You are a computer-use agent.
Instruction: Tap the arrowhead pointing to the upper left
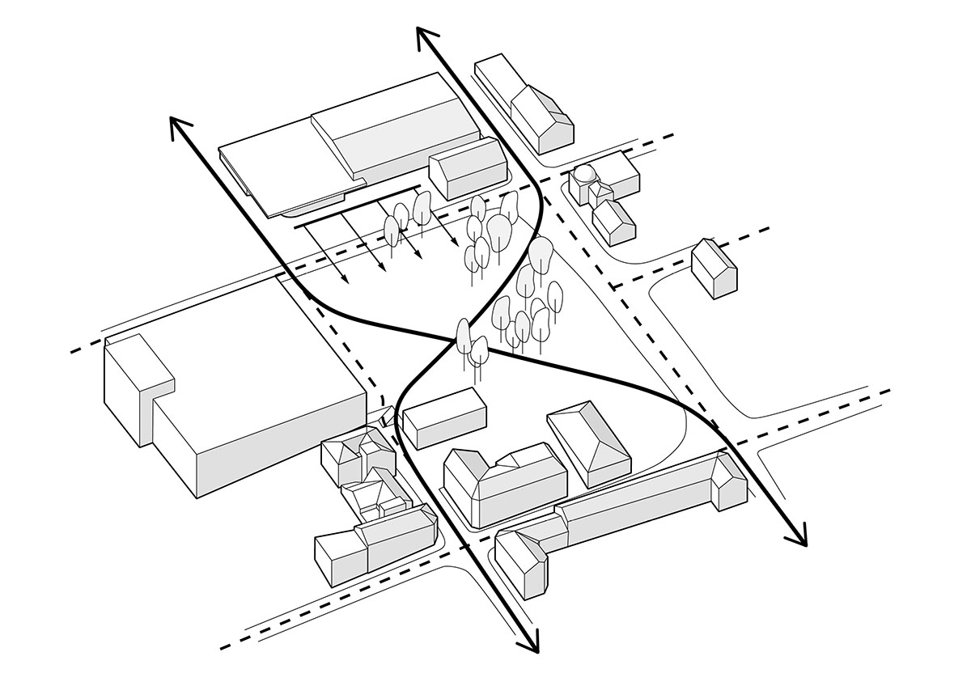[176, 123]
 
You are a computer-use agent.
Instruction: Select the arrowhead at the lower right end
[801, 540]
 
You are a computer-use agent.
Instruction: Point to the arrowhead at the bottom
[532, 646]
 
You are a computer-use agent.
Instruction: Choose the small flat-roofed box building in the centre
[445, 417]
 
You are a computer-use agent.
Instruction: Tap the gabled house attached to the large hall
[468, 167]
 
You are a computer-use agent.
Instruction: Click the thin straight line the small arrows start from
[356, 207]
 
